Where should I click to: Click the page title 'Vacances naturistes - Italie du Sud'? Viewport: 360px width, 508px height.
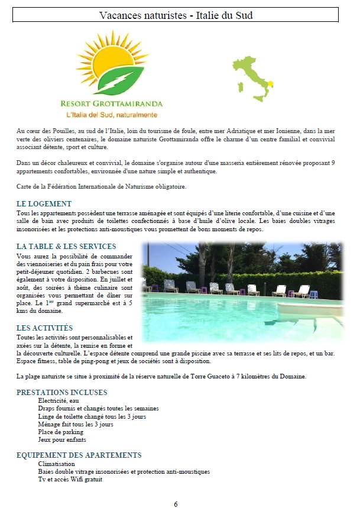(176, 15)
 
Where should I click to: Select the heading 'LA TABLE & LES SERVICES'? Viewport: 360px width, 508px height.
(66, 246)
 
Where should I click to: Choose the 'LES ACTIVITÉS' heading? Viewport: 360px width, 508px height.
(45, 328)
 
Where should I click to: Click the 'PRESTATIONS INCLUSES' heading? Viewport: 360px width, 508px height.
(62, 392)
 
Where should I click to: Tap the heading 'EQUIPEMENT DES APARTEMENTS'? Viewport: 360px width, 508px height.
(79, 455)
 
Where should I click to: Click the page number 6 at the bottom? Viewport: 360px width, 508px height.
(176, 504)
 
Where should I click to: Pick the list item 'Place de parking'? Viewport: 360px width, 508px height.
(60, 432)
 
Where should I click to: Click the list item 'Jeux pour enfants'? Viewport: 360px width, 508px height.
(62, 440)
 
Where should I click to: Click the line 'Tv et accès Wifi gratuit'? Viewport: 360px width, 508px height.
(70, 480)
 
